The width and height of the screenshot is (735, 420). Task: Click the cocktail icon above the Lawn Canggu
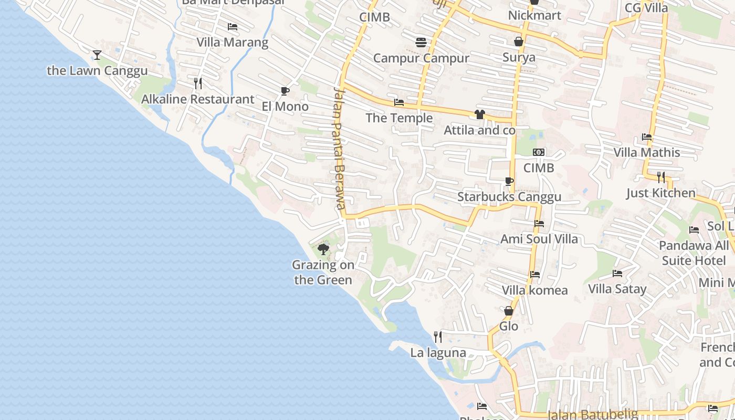[x=97, y=55]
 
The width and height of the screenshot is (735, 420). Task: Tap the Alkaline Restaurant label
[x=197, y=99]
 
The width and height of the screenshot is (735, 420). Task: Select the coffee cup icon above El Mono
[x=285, y=91]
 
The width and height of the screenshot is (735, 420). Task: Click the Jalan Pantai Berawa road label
[x=339, y=148]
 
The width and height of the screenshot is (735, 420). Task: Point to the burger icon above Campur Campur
[x=421, y=43]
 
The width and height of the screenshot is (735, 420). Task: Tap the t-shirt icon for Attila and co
[x=479, y=114]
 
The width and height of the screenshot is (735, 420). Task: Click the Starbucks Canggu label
[x=509, y=197]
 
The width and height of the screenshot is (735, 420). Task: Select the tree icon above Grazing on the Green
[x=323, y=249]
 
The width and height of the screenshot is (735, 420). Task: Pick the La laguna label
[x=438, y=352]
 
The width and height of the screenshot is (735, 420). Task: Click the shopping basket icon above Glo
[x=508, y=311]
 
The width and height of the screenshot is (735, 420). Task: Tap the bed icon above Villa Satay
[x=617, y=274]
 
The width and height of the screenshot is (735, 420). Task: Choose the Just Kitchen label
[x=660, y=193]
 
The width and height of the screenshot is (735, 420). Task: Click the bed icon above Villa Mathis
[x=647, y=137]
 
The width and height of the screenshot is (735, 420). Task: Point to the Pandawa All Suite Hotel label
[x=694, y=253]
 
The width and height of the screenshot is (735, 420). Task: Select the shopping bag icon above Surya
[x=519, y=41]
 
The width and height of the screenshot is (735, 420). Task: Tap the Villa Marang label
[x=232, y=42]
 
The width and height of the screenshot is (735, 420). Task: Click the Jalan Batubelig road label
[x=592, y=415]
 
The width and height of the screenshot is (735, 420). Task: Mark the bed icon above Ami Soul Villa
[x=539, y=224]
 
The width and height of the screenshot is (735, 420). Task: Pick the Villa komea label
[x=534, y=290]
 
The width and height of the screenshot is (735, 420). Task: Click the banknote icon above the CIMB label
[x=539, y=152]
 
